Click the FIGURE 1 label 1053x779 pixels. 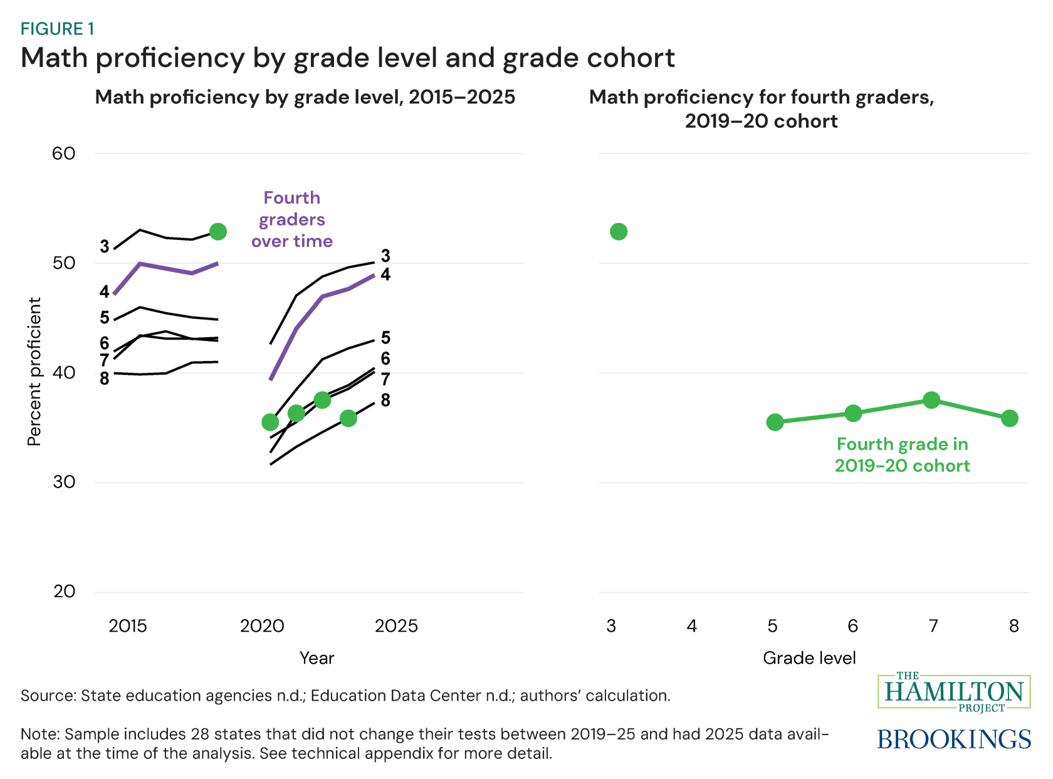click(x=57, y=29)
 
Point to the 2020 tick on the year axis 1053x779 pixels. click(x=262, y=626)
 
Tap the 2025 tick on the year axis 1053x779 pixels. click(x=396, y=626)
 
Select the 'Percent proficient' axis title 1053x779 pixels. click(x=34, y=372)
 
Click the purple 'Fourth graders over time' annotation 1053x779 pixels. click(x=292, y=219)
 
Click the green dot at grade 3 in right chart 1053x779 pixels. click(x=618, y=232)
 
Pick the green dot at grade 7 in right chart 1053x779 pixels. click(x=931, y=400)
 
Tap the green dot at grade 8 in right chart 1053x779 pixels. click(x=1009, y=419)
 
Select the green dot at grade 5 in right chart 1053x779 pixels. click(x=775, y=422)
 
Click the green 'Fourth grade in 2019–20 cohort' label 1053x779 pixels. click(x=902, y=455)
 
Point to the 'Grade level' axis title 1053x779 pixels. click(x=809, y=658)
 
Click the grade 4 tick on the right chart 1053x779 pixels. click(x=691, y=626)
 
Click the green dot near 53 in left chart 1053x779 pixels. click(x=217, y=232)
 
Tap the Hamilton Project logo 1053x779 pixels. click(x=954, y=693)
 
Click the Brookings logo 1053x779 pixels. click(x=954, y=740)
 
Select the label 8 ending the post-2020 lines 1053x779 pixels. click(x=385, y=400)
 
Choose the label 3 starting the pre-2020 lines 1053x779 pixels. click(x=105, y=247)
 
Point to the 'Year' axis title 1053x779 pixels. click(x=317, y=658)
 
